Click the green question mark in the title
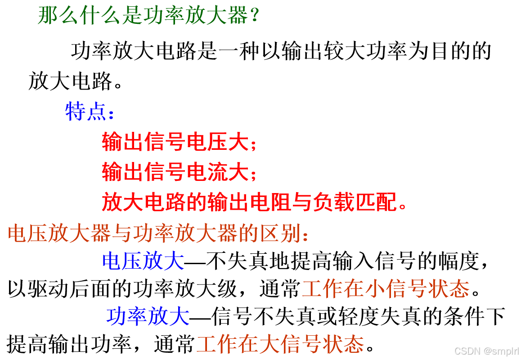pos(254,16)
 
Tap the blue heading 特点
pos(85,111)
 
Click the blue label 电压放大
pos(143,261)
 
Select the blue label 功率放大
pos(148,316)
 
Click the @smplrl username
pos(501,351)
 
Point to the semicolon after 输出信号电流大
pos(253,173)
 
